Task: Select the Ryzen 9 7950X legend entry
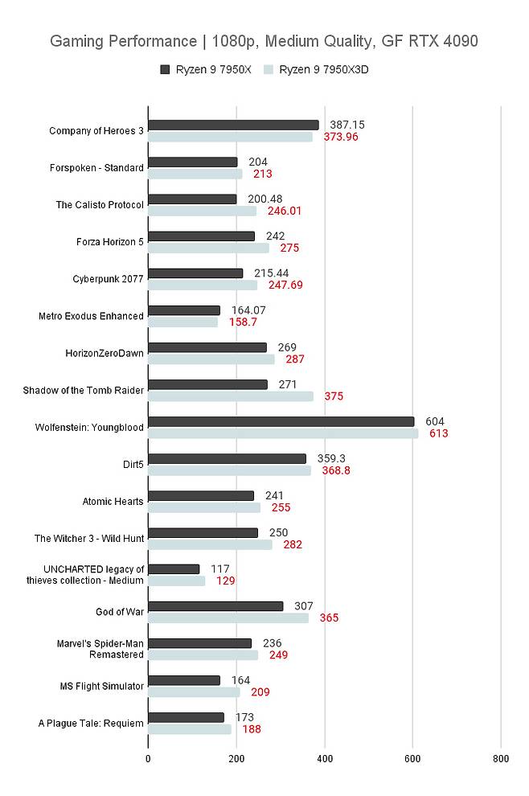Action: (x=207, y=70)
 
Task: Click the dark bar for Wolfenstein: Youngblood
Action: (x=281, y=421)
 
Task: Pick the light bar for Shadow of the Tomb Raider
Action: (x=231, y=396)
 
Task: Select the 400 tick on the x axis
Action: (x=324, y=757)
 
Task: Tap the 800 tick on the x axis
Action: (x=500, y=757)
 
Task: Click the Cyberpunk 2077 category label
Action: (x=108, y=279)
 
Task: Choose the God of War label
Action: (x=119, y=612)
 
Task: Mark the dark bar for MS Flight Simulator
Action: (x=184, y=680)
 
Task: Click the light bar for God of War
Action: (x=228, y=618)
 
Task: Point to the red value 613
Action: (x=438, y=433)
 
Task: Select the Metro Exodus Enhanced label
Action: (x=91, y=316)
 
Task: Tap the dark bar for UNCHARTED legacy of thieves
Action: (x=174, y=569)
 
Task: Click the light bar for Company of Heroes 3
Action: (x=230, y=137)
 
